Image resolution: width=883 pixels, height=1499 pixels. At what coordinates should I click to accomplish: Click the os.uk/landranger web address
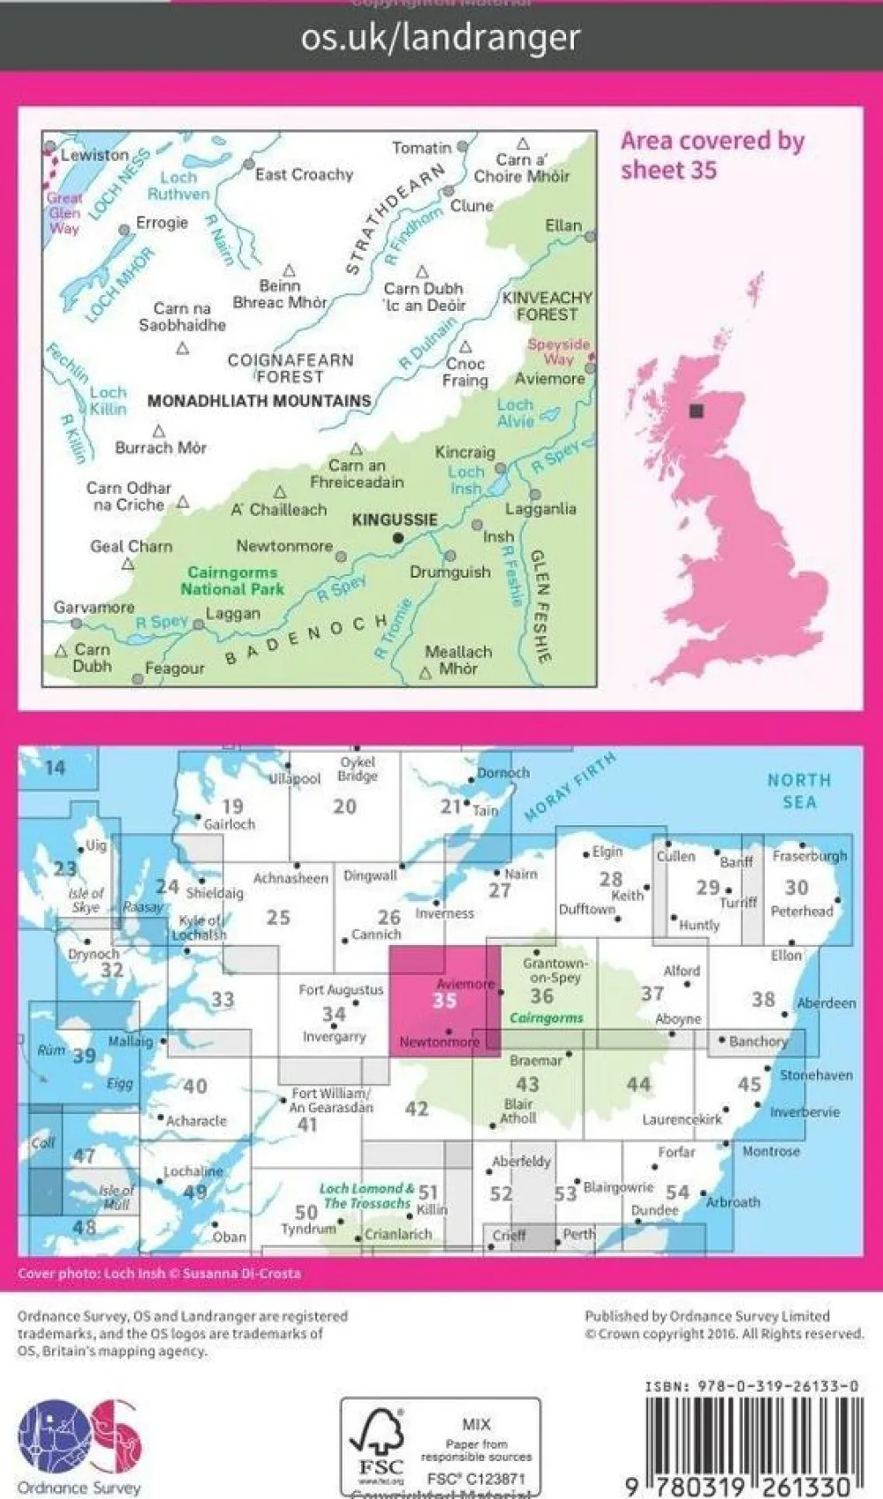441,37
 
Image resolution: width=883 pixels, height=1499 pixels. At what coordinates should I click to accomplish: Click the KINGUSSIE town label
395,519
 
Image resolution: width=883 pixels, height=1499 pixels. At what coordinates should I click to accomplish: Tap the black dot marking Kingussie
398,537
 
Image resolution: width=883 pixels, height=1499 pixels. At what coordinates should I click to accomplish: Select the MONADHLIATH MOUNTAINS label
259,401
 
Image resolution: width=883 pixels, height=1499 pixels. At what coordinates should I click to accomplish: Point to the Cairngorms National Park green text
232,580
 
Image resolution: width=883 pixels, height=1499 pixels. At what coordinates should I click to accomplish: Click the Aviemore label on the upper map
549,378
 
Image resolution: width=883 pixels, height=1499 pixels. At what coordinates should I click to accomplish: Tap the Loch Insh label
466,480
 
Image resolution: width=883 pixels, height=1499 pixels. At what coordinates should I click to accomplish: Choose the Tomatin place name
421,148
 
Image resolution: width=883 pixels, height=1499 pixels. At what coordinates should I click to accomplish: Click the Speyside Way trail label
558,352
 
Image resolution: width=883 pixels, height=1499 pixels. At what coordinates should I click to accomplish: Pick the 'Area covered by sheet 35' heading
712,155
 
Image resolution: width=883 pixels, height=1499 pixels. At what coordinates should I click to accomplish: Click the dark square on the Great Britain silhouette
698,411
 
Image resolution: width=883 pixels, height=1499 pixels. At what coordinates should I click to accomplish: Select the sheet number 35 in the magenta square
444,999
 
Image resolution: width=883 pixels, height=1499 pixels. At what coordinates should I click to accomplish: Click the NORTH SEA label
798,791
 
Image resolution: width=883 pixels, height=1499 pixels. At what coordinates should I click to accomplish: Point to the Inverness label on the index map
444,913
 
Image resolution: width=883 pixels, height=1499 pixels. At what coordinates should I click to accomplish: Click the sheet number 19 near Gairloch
232,806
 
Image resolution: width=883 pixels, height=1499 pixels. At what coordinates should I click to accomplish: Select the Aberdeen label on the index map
826,1003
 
